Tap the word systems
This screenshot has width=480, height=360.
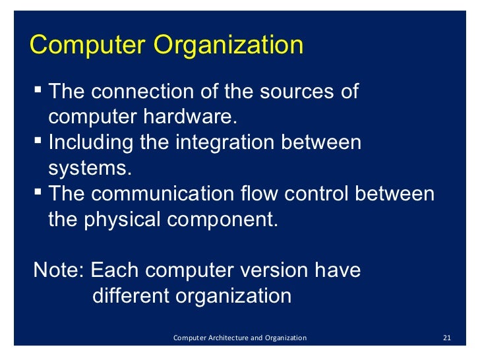[86, 167]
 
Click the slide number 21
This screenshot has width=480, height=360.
[446, 338]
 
